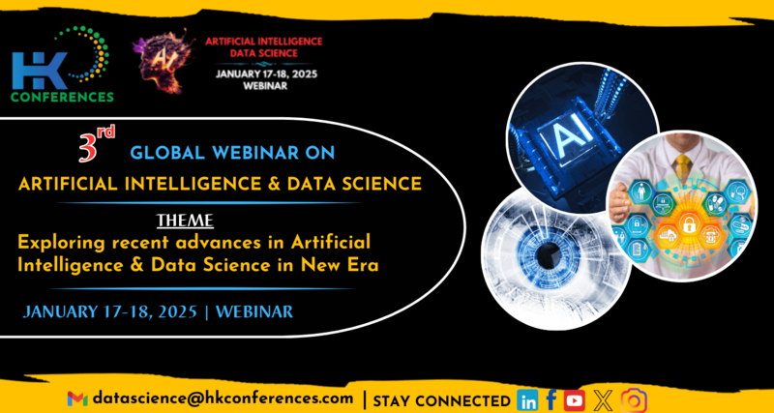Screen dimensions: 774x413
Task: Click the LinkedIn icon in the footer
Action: click(x=527, y=400)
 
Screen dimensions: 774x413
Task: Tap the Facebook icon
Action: click(x=551, y=399)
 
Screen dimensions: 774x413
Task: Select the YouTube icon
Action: click(x=574, y=400)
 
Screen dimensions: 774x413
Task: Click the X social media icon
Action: click(x=602, y=400)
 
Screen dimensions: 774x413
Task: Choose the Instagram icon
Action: click(x=634, y=400)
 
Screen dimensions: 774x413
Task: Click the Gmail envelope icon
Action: click(x=77, y=398)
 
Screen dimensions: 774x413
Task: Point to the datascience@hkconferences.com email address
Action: click(x=223, y=398)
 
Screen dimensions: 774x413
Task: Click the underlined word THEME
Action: click(x=185, y=221)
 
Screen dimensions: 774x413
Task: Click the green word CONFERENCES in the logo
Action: click(x=62, y=96)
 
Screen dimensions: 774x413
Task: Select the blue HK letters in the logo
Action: click(x=40, y=70)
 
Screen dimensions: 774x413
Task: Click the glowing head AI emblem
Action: click(x=164, y=61)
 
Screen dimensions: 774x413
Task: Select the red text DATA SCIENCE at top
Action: click(x=264, y=52)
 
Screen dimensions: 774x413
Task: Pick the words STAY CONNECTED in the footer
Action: click(x=442, y=400)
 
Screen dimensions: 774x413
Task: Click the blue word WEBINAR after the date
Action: click(x=254, y=311)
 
